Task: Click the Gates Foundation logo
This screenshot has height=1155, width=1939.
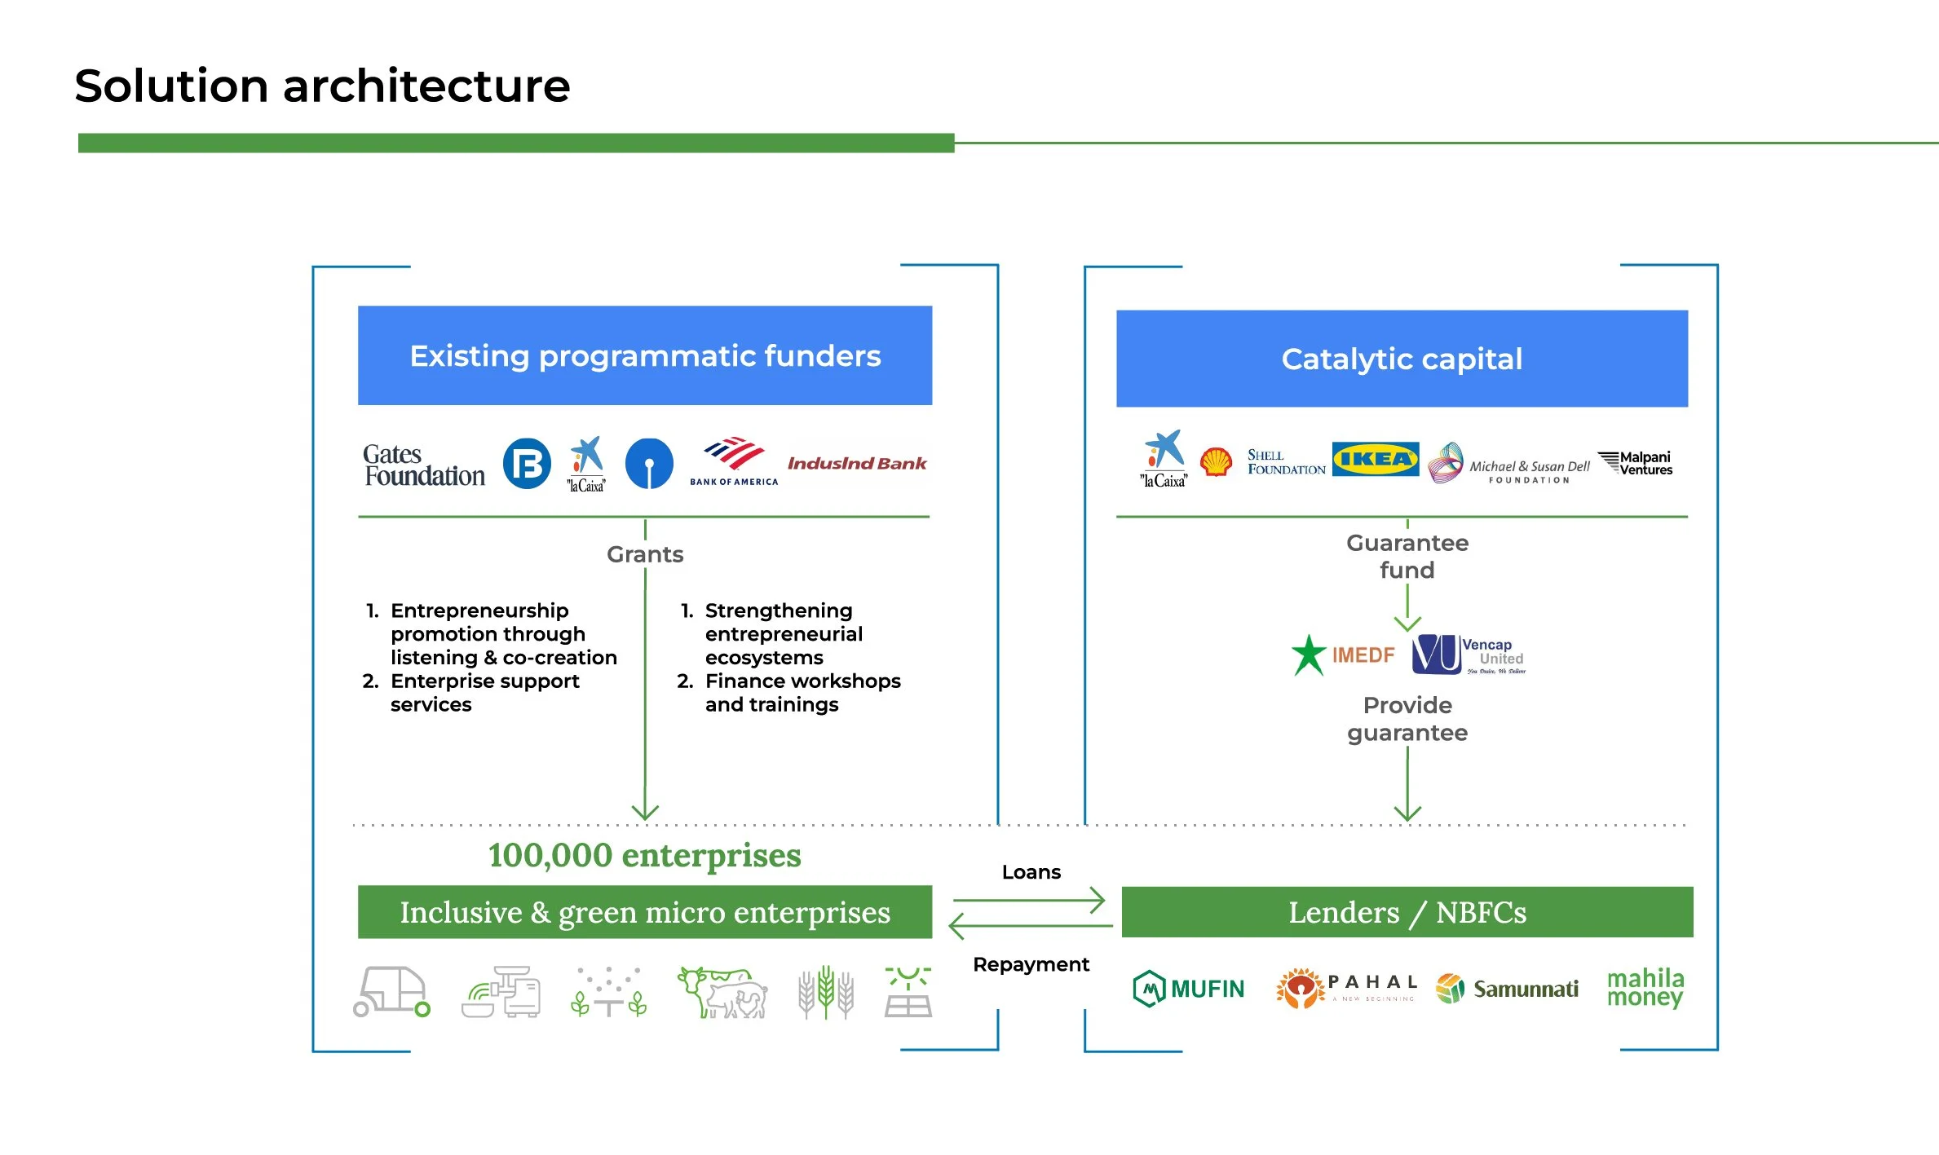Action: (x=423, y=465)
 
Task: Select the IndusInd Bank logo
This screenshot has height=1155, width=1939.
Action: (x=856, y=464)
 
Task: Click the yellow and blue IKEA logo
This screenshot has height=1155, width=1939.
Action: (x=1375, y=459)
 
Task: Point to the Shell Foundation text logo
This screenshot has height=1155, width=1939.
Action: (x=1285, y=462)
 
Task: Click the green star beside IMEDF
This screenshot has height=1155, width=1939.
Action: (x=1309, y=655)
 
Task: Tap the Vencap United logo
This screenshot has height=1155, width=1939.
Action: (x=1468, y=655)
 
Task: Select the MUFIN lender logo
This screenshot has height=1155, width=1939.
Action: (x=1189, y=989)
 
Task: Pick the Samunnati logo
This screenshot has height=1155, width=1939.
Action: (x=1507, y=989)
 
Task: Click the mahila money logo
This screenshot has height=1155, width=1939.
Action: (x=1645, y=987)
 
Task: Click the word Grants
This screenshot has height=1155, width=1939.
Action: (x=645, y=554)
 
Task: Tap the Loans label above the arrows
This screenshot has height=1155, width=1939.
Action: (x=1031, y=872)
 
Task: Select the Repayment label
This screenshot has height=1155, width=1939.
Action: (x=1031, y=964)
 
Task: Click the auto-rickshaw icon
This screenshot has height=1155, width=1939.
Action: (x=391, y=991)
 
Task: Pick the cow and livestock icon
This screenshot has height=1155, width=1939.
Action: (x=723, y=992)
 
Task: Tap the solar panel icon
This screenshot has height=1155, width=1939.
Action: (x=908, y=992)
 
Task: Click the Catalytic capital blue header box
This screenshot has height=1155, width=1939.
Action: (x=1402, y=359)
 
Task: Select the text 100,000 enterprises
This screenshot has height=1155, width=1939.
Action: (x=644, y=855)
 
